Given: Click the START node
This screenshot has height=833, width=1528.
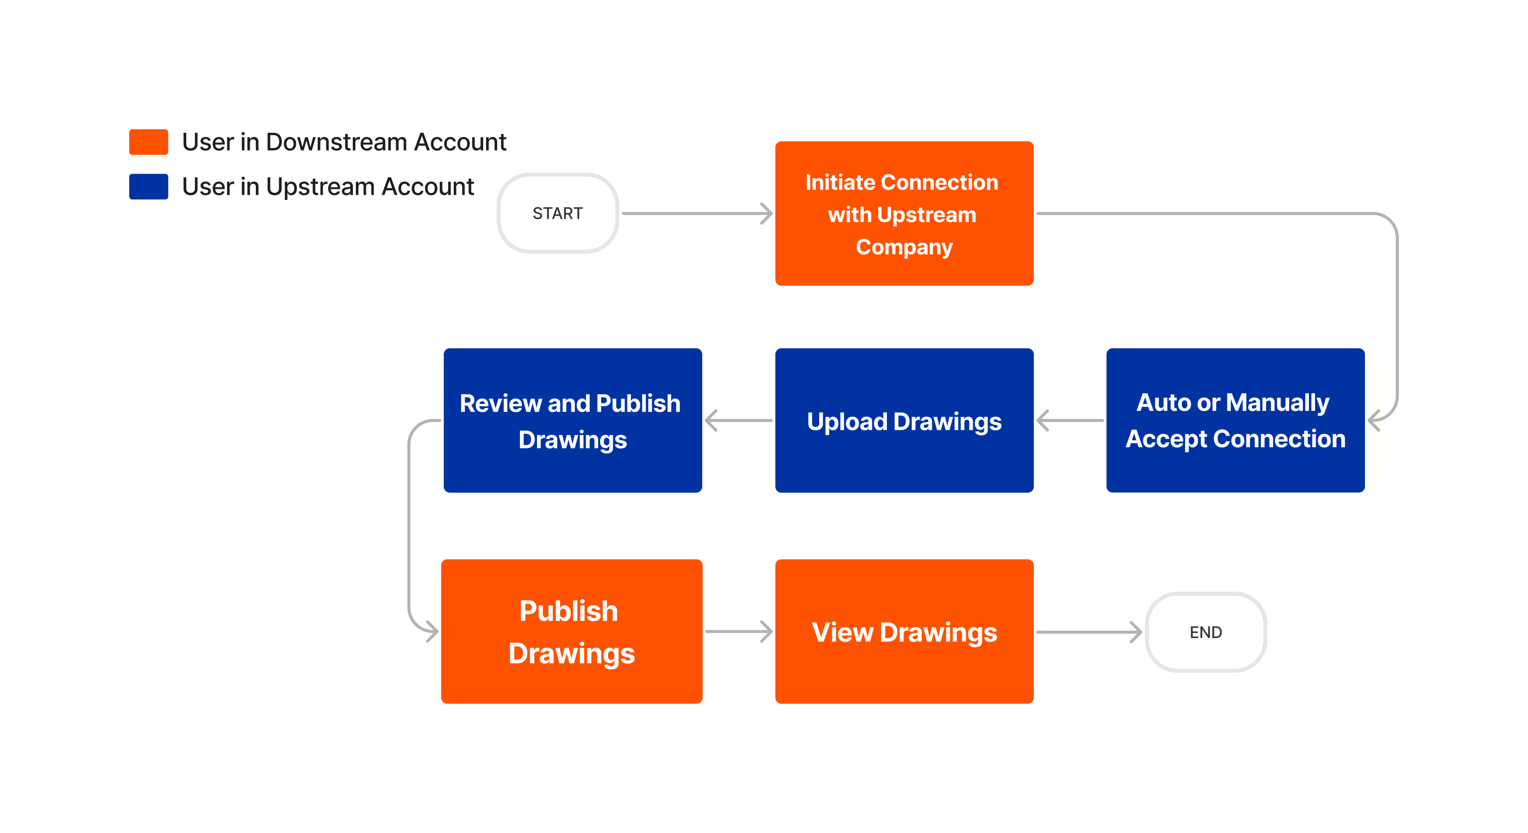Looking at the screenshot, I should click(558, 213).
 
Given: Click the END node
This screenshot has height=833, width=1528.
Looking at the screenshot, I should click(1205, 632).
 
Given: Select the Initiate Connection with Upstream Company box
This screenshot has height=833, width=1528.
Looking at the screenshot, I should click(904, 213).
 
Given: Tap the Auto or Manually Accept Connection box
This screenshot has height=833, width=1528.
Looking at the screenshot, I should click(1235, 420).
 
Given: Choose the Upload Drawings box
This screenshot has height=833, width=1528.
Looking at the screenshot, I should click(904, 420).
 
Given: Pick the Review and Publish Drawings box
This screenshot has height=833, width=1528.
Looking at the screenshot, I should click(572, 420).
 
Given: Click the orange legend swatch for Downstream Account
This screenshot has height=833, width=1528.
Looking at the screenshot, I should click(148, 142).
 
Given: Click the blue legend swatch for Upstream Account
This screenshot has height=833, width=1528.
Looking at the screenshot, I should click(148, 186).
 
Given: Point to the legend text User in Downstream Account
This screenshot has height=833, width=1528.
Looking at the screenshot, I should click(344, 142).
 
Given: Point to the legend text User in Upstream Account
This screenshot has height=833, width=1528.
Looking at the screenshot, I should click(328, 186).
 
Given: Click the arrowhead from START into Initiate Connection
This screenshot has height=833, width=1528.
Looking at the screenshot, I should click(766, 213).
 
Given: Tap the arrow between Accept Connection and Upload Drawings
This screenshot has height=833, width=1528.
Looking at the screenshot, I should click(1070, 420).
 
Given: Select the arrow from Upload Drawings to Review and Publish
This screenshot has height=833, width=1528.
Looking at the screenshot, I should click(738, 420).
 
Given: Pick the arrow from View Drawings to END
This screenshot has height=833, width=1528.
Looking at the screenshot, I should click(1088, 632).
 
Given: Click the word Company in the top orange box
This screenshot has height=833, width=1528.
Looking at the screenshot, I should click(904, 247).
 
